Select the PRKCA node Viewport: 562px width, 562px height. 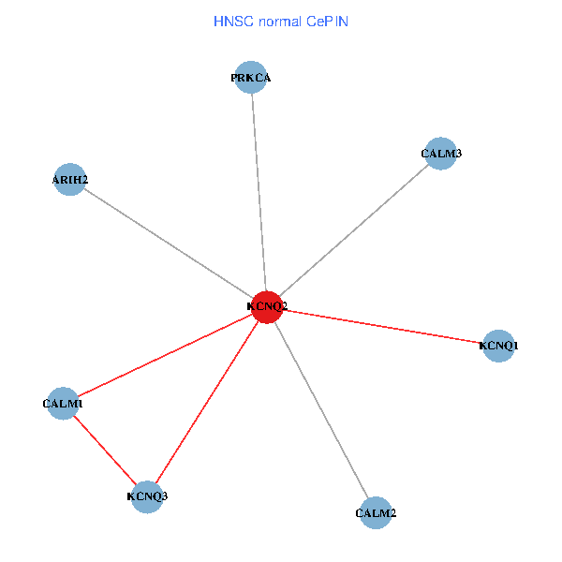[x=252, y=79]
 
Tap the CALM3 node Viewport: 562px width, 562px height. [x=440, y=154]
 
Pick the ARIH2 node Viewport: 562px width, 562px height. [x=70, y=180]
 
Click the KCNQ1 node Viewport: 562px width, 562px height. [x=498, y=347]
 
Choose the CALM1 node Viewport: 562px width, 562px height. [x=63, y=404]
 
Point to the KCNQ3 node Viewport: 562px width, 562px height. [x=147, y=496]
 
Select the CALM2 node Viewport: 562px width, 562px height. [x=376, y=513]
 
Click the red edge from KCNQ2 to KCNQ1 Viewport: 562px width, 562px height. [x=384, y=327]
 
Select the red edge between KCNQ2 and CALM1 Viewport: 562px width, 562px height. [x=164, y=354]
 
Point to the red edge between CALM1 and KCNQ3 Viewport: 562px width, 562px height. [x=104, y=449]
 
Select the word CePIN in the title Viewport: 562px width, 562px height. [x=328, y=21]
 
